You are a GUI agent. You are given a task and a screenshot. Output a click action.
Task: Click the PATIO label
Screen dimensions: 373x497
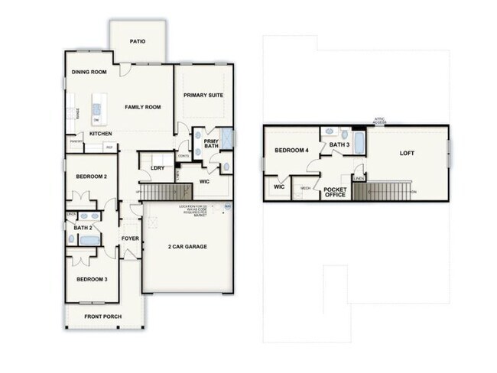click(x=138, y=42)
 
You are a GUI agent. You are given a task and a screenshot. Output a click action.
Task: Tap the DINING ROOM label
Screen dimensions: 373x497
click(x=89, y=73)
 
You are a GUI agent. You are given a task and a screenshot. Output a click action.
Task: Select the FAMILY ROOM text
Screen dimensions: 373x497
click(x=143, y=107)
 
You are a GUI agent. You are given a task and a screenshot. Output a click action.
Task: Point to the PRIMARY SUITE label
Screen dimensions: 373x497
click(x=203, y=95)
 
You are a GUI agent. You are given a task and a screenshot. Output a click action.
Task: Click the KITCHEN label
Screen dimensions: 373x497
click(x=101, y=134)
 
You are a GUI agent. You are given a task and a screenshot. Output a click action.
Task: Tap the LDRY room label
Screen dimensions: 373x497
click(x=158, y=168)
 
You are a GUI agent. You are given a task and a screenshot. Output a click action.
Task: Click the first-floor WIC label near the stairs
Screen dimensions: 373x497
click(x=204, y=182)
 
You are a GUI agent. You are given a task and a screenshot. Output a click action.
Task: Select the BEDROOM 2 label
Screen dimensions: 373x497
click(x=91, y=177)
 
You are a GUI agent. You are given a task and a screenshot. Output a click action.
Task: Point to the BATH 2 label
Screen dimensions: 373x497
click(x=83, y=227)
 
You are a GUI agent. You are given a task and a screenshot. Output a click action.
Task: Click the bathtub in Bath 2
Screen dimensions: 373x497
click(x=89, y=241)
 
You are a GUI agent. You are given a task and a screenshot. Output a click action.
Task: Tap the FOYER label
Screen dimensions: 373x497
click(x=129, y=238)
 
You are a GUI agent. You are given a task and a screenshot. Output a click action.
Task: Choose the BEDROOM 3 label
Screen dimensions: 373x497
click(x=92, y=279)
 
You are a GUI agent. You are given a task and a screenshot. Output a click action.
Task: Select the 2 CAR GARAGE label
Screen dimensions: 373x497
click(x=187, y=246)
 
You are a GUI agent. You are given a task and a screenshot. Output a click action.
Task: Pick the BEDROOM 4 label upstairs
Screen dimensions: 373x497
click(x=291, y=151)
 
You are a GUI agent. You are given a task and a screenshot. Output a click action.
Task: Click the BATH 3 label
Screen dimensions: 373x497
click(x=339, y=144)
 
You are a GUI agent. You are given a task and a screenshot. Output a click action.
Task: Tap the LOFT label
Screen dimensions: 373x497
click(x=408, y=153)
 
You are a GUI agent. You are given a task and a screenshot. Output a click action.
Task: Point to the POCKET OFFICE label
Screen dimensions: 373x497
click(x=336, y=191)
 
